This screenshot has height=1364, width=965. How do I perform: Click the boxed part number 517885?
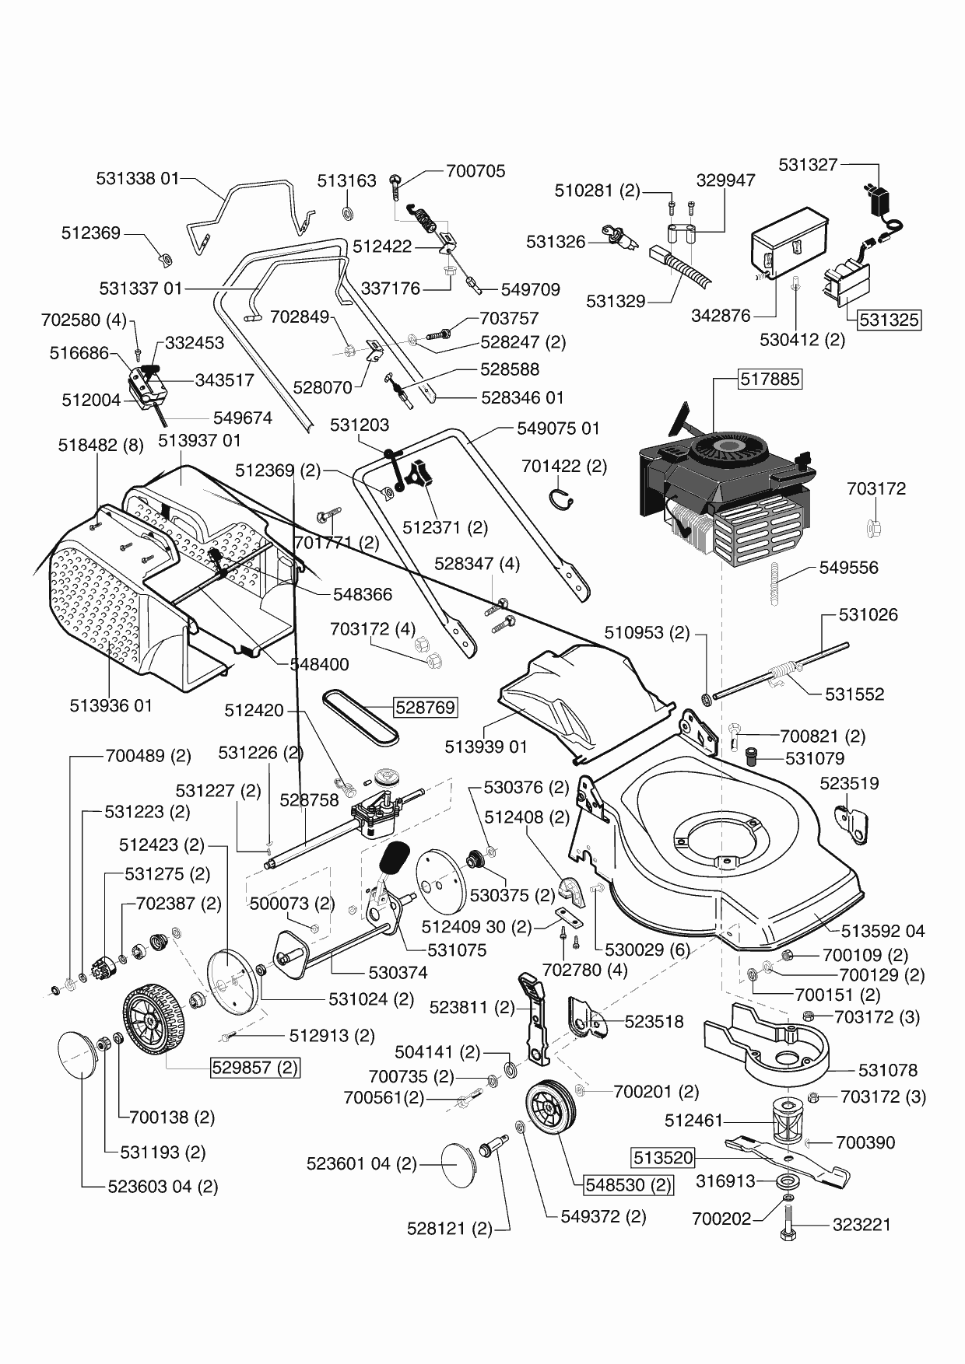coord(770,379)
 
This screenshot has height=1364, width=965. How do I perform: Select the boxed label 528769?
coord(425,708)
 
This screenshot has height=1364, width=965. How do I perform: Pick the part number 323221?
coord(861,1224)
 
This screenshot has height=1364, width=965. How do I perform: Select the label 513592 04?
coord(883,931)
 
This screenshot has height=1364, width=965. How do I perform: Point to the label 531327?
coord(808,164)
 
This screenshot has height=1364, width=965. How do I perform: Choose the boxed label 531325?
coord(889,320)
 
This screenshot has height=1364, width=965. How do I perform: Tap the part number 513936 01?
coord(111,705)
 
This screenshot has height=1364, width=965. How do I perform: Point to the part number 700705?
coord(475,170)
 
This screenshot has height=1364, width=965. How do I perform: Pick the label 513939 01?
coord(486,747)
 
